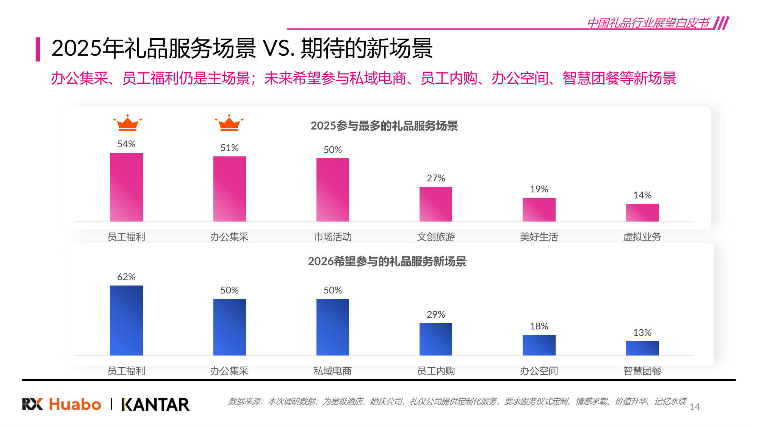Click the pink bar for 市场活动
[332, 190]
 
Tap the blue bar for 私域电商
[332, 327]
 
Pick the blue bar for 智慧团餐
[642, 348]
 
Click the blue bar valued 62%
[126, 320]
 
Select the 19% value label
[539, 189]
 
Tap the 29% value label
[436, 314]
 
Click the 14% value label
[642, 195]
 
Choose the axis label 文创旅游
[436, 237]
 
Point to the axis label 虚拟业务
[642, 237]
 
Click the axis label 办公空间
[539, 371]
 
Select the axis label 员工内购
[436, 371]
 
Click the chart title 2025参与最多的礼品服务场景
[384, 126]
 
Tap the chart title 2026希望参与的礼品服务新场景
[387, 261]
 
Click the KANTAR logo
[155, 404]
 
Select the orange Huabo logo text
[75, 404]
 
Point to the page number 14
[694, 407]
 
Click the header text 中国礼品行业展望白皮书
[648, 23]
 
